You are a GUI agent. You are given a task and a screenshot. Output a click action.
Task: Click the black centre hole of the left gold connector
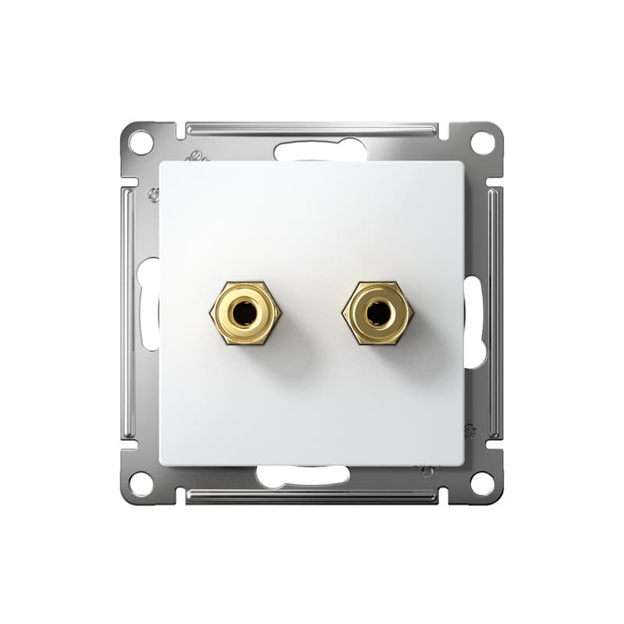pos(245,314)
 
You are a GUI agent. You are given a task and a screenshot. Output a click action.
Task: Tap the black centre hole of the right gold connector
pos(378,314)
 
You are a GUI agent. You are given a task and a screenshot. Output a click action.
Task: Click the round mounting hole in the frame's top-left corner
pos(140,143)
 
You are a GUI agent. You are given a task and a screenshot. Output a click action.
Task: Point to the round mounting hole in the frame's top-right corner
pos(483,143)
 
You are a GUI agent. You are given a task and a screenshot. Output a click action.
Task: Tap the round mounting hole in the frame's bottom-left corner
pos(140,484)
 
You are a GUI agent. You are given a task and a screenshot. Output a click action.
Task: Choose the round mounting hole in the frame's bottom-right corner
pos(483,484)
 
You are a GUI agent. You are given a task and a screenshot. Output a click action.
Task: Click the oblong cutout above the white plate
pos(320,151)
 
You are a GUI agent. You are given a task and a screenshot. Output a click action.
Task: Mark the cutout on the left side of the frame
pos(148,304)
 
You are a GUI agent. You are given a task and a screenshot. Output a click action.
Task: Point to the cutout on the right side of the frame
pos(474,320)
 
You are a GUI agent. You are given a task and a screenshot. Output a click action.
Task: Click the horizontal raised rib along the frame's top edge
pos(312,127)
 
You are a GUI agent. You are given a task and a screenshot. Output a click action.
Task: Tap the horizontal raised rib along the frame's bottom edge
pos(312,496)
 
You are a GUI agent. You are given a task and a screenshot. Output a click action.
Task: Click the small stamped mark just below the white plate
pos(427,471)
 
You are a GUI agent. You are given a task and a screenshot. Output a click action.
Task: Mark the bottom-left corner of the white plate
pos(161,463)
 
